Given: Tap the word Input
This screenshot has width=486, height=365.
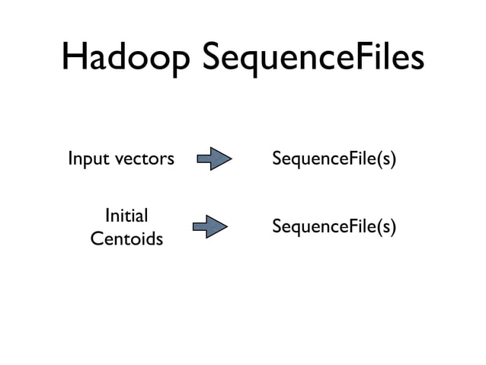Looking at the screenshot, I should coord(85,160).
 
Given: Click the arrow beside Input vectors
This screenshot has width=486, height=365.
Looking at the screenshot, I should coord(214,160).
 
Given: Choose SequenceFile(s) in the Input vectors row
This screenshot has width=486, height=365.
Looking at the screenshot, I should coord(334,160).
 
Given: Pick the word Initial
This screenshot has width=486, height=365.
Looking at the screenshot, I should coord(126,215).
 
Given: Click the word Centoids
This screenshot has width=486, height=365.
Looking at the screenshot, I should coord(126,239).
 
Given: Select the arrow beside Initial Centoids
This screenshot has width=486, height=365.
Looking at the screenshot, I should coord(210,226).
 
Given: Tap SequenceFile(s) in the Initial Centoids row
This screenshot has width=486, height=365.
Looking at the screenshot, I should coord(334,227).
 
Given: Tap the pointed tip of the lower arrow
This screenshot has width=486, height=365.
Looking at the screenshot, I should coord(226,226).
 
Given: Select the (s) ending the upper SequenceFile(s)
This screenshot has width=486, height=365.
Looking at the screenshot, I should coord(388,160).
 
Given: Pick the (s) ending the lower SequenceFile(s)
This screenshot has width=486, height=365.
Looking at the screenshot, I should coord(388,227).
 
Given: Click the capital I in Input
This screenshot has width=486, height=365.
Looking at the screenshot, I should coord(71,159).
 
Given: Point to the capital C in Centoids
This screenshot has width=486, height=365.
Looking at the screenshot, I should coord(97,239).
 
